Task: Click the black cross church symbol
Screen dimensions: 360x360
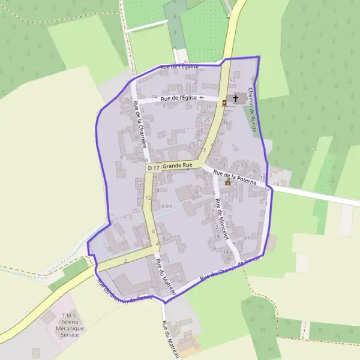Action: [x=235, y=98]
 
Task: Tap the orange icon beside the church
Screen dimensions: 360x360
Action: [x=224, y=103]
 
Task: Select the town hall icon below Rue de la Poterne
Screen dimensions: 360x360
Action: [x=227, y=182]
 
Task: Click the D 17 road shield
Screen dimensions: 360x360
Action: [x=154, y=168]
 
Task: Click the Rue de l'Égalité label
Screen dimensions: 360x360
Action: [x=179, y=67]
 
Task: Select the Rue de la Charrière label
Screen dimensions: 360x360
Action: [x=140, y=125]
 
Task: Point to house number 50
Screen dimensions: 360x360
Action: [x=232, y=80]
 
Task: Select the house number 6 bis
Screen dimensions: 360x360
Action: [x=167, y=206]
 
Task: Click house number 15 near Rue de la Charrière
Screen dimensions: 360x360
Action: [x=126, y=100]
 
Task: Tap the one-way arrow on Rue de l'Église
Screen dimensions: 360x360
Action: [x=202, y=97]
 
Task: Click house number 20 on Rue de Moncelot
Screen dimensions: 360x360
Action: [x=226, y=259]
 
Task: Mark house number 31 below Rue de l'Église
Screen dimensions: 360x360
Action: [x=208, y=107]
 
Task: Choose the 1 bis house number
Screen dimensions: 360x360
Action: [x=143, y=160]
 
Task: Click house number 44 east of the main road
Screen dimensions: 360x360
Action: [x=222, y=133]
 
